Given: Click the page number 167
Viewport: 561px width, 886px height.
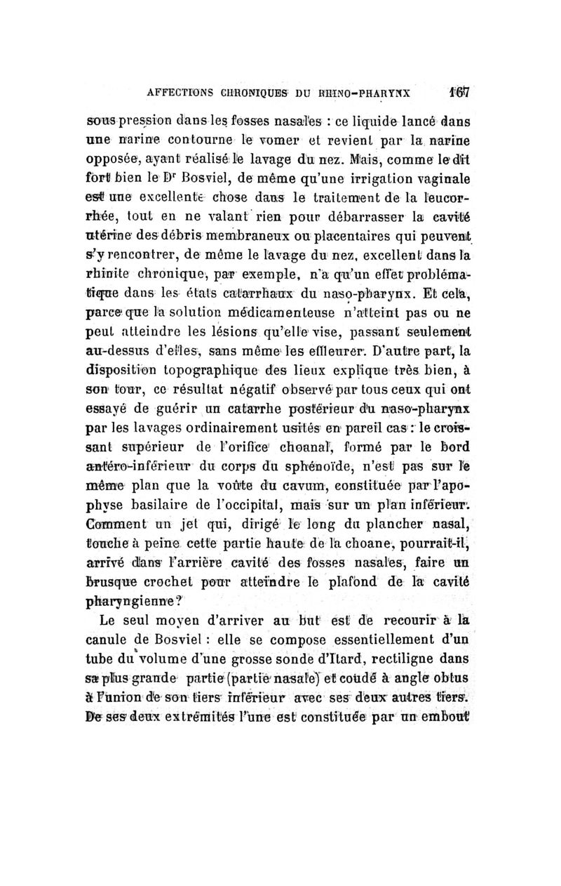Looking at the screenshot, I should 460,91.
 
